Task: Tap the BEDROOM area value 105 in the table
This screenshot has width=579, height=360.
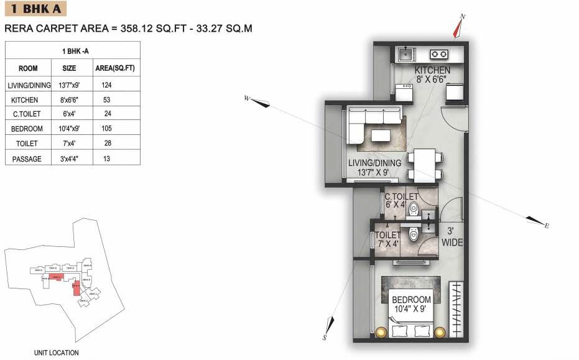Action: [x=106, y=129]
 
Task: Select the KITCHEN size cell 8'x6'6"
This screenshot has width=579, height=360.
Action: [x=69, y=99]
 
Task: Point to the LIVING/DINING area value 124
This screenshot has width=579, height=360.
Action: [x=106, y=85]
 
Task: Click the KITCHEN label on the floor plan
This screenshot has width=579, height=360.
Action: [x=432, y=70]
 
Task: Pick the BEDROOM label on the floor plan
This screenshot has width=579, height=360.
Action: [x=411, y=300]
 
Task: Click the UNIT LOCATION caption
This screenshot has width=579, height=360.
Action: [x=56, y=353]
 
